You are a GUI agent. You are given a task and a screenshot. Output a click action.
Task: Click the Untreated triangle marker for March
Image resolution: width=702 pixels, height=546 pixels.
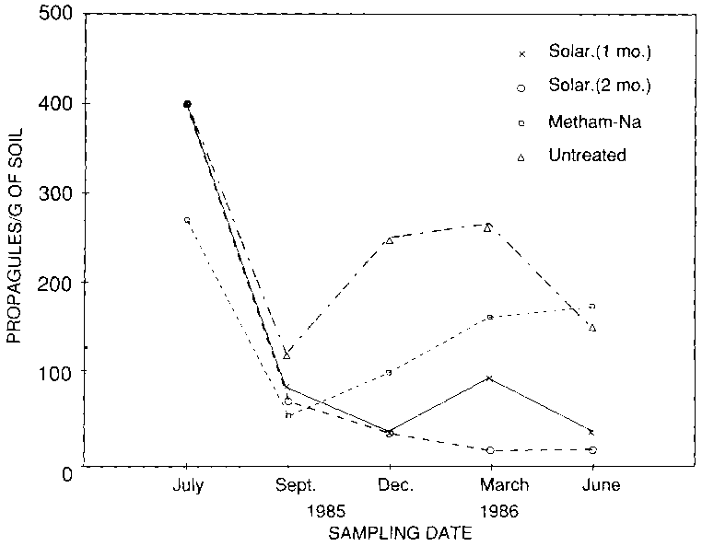(488, 227)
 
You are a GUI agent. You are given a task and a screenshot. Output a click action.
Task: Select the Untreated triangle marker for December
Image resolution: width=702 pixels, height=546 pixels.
(389, 239)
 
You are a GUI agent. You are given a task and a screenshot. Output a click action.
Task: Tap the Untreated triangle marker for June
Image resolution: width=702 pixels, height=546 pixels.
(591, 327)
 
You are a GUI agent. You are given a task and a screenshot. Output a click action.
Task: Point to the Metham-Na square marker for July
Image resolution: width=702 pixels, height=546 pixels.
(187, 220)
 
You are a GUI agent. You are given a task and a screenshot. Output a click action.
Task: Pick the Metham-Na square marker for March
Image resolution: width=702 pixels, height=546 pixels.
(489, 317)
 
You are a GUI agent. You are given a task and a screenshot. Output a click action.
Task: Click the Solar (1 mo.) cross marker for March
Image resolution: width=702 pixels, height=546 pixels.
(489, 378)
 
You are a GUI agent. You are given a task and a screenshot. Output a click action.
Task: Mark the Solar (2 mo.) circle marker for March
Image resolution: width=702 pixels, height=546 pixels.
(489, 449)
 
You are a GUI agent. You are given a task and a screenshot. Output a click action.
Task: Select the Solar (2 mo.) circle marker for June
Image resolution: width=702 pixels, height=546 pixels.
(591, 449)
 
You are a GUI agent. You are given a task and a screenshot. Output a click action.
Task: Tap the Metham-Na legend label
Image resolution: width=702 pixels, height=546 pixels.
(580, 121)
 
